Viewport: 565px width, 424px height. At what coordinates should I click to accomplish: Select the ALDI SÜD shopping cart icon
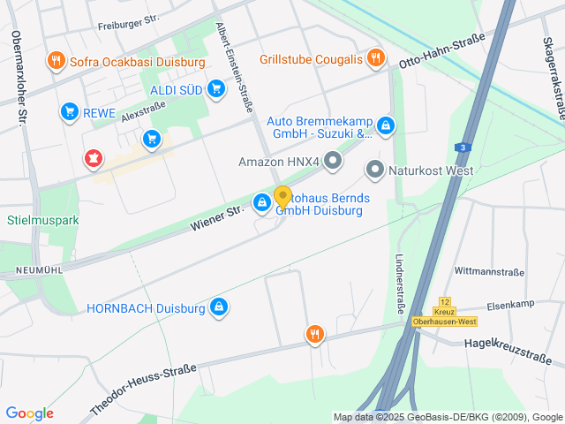click(216, 88)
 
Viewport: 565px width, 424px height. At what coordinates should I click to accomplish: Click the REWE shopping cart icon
click(69, 111)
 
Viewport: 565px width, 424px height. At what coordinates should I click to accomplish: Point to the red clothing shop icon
click(93, 159)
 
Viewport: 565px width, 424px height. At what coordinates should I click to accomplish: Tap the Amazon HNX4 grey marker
click(333, 161)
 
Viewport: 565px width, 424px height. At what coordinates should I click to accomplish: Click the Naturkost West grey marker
click(374, 170)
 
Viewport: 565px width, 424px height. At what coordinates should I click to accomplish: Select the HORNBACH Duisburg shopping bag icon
click(218, 307)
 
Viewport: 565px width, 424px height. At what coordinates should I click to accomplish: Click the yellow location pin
click(282, 198)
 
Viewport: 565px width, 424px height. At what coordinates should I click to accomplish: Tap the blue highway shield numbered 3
click(462, 148)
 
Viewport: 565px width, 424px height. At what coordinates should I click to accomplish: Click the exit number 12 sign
click(444, 302)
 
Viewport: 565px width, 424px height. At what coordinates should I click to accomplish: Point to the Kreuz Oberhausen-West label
click(444, 316)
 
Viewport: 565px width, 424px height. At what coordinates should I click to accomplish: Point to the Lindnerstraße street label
click(400, 285)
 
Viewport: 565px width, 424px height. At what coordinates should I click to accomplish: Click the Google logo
click(29, 413)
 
